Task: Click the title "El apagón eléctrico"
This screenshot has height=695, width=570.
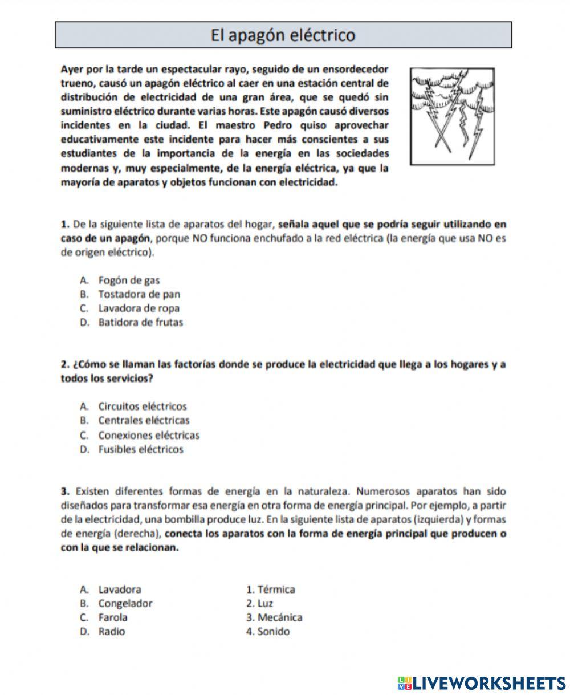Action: pyautogui.click(x=283, y=35)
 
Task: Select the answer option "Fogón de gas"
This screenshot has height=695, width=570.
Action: pyautogui.click(x=129, y=280)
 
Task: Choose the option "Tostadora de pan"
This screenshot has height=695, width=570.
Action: pyautogui.click(x=139, y=294)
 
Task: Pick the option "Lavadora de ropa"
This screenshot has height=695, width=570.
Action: pyautogui.click(x=139, y=308)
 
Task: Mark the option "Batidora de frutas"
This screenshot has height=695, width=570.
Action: pyautogui.click(x=140, y=322)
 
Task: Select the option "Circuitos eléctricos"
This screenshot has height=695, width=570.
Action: pyautogui.click(x=142, y=407)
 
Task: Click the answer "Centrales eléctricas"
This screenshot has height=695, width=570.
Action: pyautogui.click(x=144, y=421)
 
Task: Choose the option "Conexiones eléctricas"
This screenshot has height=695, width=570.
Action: pyautogui.click(x=149, y=435)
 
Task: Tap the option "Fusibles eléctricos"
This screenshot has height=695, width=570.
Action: pyautogui.click(x=141, y=449)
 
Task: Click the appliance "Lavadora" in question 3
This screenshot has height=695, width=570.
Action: pyautogui.click(x=119, y=589)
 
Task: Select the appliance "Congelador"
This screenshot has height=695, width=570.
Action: pyautogui.click(x=125, y=603)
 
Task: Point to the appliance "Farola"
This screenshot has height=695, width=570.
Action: pyautogui.click(x=113, y=617)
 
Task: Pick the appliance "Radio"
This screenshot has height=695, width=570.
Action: pyautogui.click(x=111, y=632)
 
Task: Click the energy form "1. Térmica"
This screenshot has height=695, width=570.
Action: pyautogui.click(x=270, y=589)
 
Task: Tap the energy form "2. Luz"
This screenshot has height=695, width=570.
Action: pyautogui.click(x=259, y=603)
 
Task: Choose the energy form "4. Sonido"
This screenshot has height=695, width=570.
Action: pyautogui.click(x=268, y=632)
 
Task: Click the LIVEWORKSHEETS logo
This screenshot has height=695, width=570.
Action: pyautogui.click(x=482, y=683)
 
